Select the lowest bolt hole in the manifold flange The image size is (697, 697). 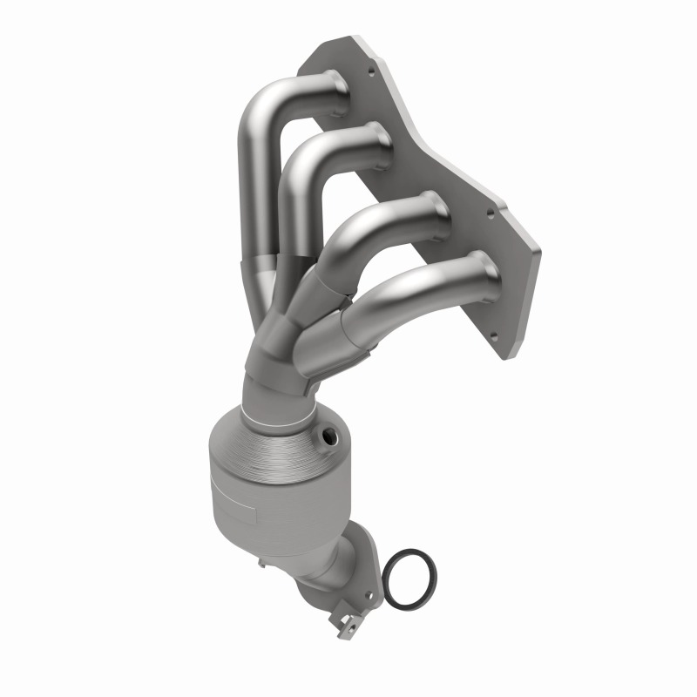493,335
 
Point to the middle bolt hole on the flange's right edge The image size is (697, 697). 491,210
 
